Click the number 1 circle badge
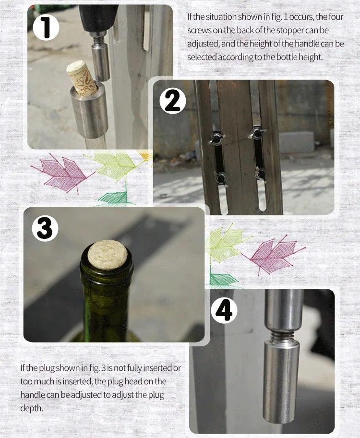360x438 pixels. click(x=46, y=28)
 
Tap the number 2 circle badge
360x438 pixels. click(x=173, y=101)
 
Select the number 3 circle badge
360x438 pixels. click(x=45, y=228)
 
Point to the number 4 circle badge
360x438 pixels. click(x=224, y=310)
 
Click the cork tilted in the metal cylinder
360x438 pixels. click(x=82, y=78)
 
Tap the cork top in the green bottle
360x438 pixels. click(x=108, y=254)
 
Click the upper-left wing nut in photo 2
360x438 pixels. click(x=216, y=138)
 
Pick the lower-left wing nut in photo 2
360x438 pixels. click(x=221, y=178)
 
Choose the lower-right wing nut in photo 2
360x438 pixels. click(x=261, y=174)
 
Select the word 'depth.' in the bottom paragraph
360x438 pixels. click(x=32, y=408)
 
